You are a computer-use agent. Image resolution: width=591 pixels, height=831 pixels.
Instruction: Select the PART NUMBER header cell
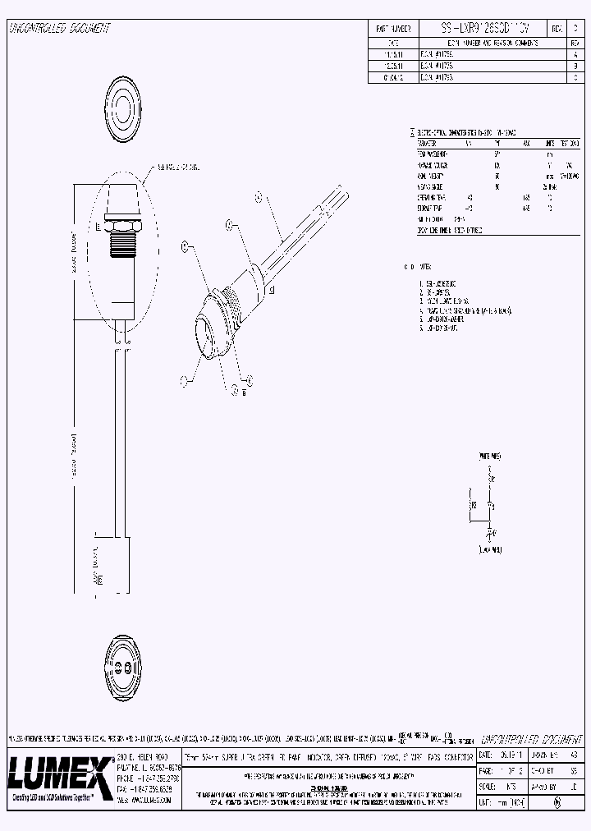click(x=392, y=27)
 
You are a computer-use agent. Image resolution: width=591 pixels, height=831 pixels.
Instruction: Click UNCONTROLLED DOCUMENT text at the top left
click(x=58, y=29)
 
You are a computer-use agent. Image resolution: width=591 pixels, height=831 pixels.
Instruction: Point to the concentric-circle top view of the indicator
click(x=126, y=105)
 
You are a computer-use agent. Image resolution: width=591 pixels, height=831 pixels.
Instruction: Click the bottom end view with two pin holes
click(x=125, y=664)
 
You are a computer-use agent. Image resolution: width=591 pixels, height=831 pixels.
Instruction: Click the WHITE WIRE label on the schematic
click(x=490, y=454)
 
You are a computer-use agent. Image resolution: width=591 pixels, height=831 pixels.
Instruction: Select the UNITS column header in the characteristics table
click(x=549, y=143)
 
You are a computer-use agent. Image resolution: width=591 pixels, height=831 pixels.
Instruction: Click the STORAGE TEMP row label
click(x=431, y=209)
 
